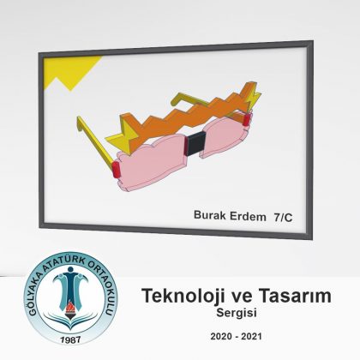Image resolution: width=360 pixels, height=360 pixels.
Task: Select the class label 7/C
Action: tap(283, 218)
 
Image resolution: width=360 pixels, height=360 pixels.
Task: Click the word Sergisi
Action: tap(237, 313)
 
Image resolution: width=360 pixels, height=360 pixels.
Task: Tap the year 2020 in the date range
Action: tap(221, 336)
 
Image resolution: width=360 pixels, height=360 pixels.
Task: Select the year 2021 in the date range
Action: tap(251, 336)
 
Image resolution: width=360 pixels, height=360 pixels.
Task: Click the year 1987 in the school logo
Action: tap(70, 339)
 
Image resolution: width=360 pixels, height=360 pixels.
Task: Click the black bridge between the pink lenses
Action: tap(195, 143)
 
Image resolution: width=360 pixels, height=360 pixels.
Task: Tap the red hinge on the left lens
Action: tap(116, 170)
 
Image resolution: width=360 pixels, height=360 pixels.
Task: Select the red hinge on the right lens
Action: tap(247, 119)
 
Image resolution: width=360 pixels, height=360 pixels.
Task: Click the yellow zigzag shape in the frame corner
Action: tap(71, 71)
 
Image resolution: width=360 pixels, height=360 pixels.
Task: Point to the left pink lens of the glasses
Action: tap(152, 163)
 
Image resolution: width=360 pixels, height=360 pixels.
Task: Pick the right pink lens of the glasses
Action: tap(225, 136)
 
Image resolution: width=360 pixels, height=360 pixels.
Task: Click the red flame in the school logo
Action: tap(70, 307)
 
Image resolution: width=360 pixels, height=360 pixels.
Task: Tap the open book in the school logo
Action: tap(70, 321)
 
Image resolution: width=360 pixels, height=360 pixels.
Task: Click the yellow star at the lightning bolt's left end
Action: tap(123, 135)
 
